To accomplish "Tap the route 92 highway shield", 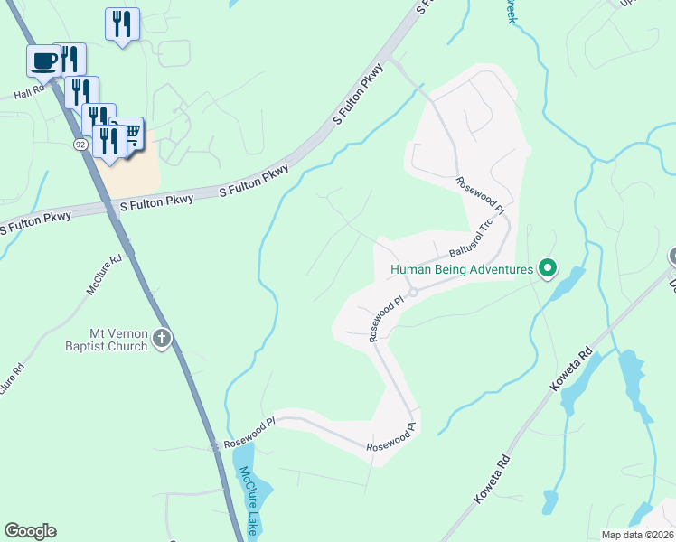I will (80, 145).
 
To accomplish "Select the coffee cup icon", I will (43, 61).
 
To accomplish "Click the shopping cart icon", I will (130, 135).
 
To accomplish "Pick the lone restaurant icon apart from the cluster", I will (122, 23).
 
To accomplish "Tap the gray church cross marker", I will (162, 339).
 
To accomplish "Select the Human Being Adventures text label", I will (461, 268).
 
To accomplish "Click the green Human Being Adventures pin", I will (547, 268).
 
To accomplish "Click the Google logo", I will (30, 531).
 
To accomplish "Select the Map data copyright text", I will (636, 535).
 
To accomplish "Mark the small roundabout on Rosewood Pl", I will (412, 292).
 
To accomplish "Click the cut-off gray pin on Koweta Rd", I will (672, 257).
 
